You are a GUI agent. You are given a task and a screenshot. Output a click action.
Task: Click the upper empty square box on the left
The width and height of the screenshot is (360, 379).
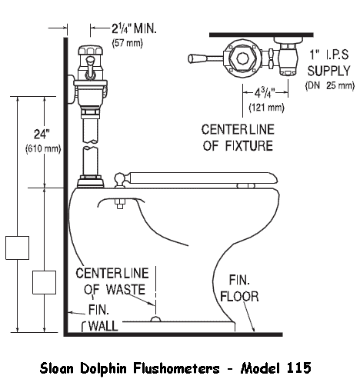(17, 248)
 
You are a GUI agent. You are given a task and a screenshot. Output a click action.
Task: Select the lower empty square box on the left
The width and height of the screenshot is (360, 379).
(43, 282)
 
